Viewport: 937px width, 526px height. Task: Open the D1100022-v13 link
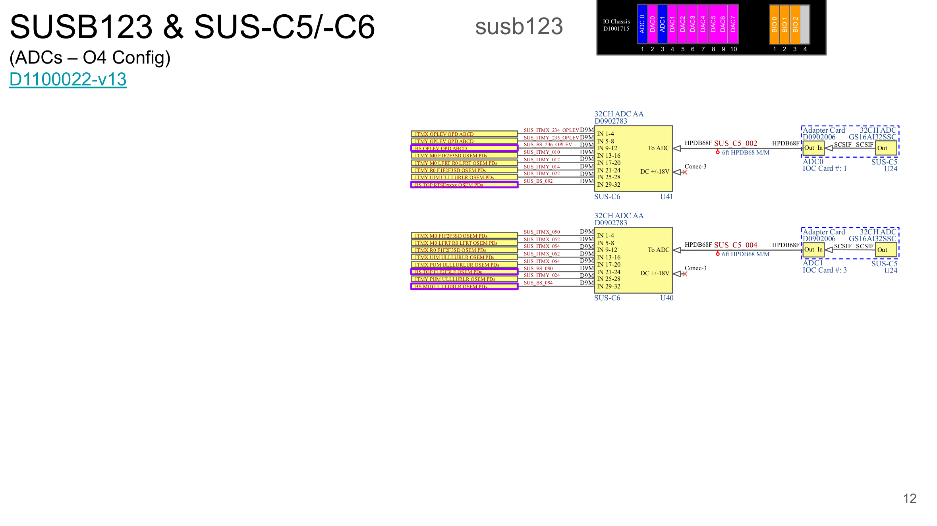[68, 79]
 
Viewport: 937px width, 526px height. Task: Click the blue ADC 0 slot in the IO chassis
[642, 24]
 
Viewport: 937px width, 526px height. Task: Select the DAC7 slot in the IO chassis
[733, 24]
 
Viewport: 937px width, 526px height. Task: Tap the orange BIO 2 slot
[795, 24]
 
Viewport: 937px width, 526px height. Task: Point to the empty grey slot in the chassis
[805, 24]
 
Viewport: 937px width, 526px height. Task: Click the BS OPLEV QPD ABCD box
[464, 148]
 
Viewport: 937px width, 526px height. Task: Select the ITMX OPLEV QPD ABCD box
[464, 134]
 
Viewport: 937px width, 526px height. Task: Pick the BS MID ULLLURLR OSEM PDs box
[464, 286]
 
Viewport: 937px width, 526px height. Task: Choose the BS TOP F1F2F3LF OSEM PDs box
[464, 272]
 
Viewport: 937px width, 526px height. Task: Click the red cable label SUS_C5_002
[736, 143]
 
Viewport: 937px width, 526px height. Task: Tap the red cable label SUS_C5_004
[736, 245]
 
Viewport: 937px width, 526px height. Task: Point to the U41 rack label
[667, 196]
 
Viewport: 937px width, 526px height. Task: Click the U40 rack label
[667, 298]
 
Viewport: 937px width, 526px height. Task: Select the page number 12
[910, 499]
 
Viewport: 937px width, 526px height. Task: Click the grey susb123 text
[519, 27]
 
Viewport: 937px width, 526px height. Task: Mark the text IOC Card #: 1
[825, 168]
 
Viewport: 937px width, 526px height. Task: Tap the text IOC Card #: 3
[825, 270]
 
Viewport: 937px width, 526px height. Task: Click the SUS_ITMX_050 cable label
[541, 232]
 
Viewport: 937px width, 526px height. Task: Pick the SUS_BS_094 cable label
[538, 283]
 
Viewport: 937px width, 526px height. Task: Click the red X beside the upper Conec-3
[685, 172]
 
